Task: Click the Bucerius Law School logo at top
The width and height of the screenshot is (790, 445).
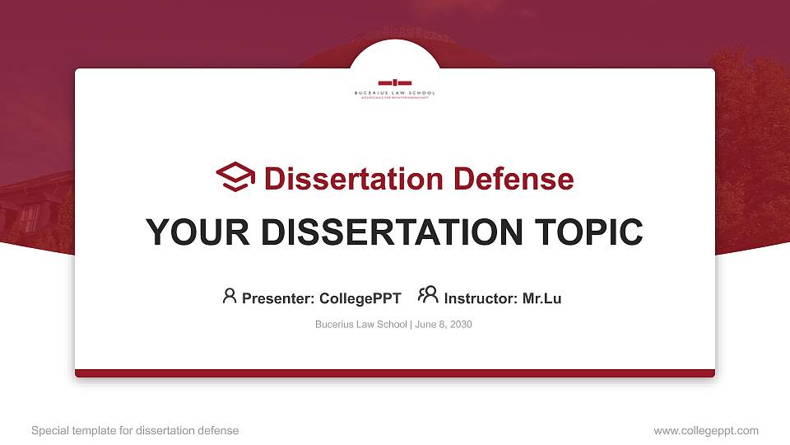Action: [x=395, y=87]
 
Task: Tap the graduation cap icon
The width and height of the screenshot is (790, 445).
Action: [x=235, y=177]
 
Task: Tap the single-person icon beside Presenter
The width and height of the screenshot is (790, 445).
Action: [x=230, y=296]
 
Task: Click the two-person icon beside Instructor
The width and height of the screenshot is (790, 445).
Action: [x=428, y=295]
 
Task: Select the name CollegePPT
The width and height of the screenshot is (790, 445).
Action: [x=360, y=298]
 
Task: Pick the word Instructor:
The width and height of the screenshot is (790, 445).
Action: [x=481, y=298]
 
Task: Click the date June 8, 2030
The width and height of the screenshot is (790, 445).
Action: [x=444, y=325]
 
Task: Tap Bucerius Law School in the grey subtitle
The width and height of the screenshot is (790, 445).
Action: [x=360, y=325]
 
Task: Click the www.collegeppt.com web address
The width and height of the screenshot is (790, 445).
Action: [x=706, y=430]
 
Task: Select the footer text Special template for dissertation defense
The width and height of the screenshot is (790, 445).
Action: [x=135, y=430]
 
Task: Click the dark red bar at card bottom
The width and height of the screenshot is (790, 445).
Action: [x=395, y=373]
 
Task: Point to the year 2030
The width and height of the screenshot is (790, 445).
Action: [x=461, y=325]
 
